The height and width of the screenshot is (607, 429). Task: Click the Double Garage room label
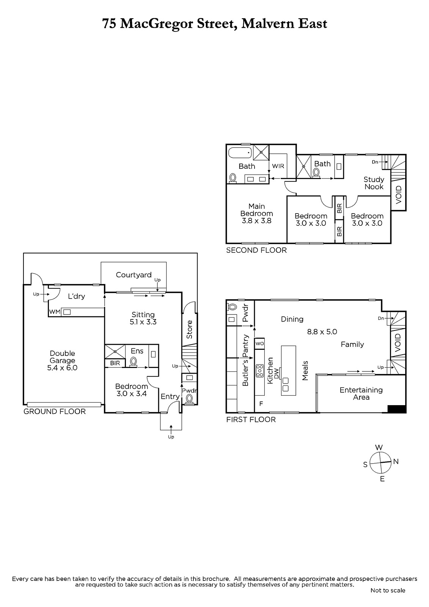pyautogui.click(x=62, y=357)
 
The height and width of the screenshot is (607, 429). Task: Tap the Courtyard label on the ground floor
pyautogui.click(x=134, y=275)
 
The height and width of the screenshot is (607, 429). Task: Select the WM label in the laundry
pyautogui.click(x=55, y=312)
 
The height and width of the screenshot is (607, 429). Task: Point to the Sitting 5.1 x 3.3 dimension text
pyautogui.click(x=143, y=322)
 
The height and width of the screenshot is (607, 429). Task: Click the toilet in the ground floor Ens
pyautogui.click(x=133, y=362)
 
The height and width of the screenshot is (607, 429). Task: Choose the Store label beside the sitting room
pyautogui.click(x=189, y=329)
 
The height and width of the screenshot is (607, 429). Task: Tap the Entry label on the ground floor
pyautogui.click(x=170, y=397)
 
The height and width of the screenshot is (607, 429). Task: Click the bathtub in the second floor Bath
pyautogui.click(x=240, y=153)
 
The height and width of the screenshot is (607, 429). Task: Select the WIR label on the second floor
pyautogui.click(x=278, y=166)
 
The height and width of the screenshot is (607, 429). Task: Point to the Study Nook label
pyautogui.click(x=374, y=183)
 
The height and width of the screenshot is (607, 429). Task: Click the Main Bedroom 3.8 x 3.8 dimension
pyautogui.click(x=257, y=220)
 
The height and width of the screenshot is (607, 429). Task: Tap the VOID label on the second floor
pyautogui.click(x=399, y=195)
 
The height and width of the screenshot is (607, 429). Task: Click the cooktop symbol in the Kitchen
pyautogui.click(x=259, y=370)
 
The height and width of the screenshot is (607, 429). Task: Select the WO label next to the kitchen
pyautogui.click(x=259, y=344)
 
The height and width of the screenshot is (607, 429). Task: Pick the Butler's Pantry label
pyautogui.click(x=245, y=360)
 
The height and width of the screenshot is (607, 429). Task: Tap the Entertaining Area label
pyautogui.click(x=361, y=393)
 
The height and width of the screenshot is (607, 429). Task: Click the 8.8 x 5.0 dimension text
pyautogui.click(x=322, y=332)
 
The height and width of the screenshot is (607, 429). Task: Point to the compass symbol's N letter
pyautogui.click(x=396, y=461)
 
